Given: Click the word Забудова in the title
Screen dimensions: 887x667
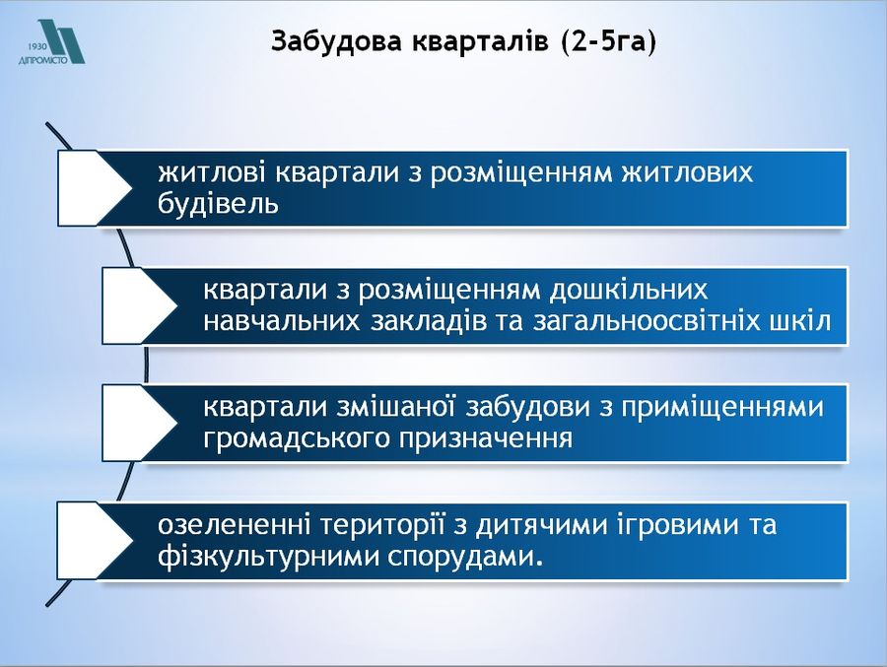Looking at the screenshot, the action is point(337,41).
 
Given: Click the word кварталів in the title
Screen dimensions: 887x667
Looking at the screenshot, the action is point(480,41).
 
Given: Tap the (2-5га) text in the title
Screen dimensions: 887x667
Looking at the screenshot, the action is point(609,41).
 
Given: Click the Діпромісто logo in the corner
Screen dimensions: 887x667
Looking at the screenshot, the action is point(51,41).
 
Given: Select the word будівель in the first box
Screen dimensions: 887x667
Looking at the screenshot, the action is point(219,204).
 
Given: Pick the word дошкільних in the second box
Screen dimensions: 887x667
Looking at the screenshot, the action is point(629,291).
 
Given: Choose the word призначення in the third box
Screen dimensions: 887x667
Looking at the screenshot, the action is point(485,439).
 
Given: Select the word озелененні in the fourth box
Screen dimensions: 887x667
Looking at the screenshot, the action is point(235,525).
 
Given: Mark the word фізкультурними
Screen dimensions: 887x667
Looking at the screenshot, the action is point(269,558).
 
